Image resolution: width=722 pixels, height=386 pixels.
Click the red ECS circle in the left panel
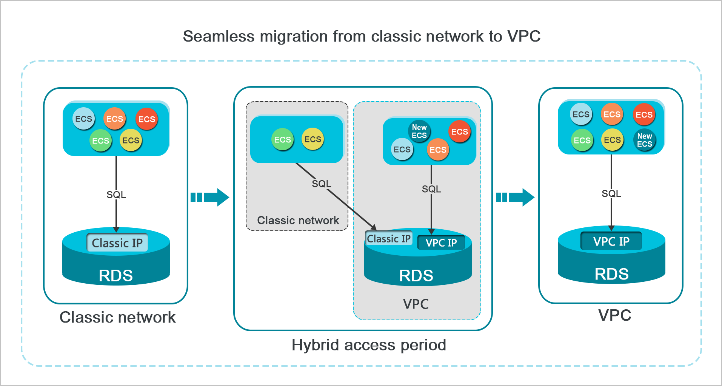click(146, 119)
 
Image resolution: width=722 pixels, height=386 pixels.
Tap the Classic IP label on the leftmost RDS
click(117, 243)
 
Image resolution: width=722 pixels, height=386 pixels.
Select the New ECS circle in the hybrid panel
click(419, 131)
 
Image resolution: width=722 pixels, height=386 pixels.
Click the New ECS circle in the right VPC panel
click(644, 140)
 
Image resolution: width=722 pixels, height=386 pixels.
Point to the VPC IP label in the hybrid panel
click(441, 243)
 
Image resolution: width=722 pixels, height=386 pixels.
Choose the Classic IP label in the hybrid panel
click(388, 239)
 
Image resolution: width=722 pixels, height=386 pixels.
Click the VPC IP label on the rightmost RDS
click(611, 241)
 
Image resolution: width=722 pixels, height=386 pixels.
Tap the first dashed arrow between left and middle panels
click(210, 197)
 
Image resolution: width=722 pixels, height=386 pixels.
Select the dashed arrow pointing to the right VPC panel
click(515, 197)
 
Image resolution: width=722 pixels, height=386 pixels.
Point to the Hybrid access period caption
click(369, 345)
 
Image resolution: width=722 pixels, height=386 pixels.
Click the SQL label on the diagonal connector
click(321, 184)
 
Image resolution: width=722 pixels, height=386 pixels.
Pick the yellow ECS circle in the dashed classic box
click(313, 139)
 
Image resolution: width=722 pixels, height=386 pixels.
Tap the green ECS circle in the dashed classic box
click(282, 140)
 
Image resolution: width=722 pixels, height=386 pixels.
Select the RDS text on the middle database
click(416, 276)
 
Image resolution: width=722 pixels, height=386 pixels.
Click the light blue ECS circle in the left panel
click(83, 119)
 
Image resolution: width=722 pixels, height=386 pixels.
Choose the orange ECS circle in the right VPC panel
click(612, 114)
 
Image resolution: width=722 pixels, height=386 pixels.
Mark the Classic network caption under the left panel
click(117, 317)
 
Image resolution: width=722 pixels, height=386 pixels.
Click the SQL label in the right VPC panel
click(611, 194)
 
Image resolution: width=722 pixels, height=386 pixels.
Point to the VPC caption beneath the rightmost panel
click(614, 315)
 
